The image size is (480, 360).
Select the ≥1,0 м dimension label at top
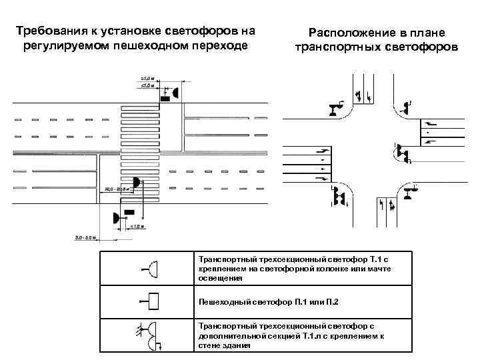(x=148, y=77)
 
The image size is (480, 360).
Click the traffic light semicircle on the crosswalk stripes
(x=136, y=181)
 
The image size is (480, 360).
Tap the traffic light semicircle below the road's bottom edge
(x=117, y=217)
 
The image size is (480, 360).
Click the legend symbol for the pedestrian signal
(x=151, y=302)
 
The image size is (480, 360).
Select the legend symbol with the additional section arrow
(x=150, y=335)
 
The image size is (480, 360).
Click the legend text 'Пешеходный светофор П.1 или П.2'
(x=269, y=303)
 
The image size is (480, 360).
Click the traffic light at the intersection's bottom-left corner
(x=339, y=197)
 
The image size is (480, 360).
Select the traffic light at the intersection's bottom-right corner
(x=409, y=193)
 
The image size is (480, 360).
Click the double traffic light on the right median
(x=402, y=155)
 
